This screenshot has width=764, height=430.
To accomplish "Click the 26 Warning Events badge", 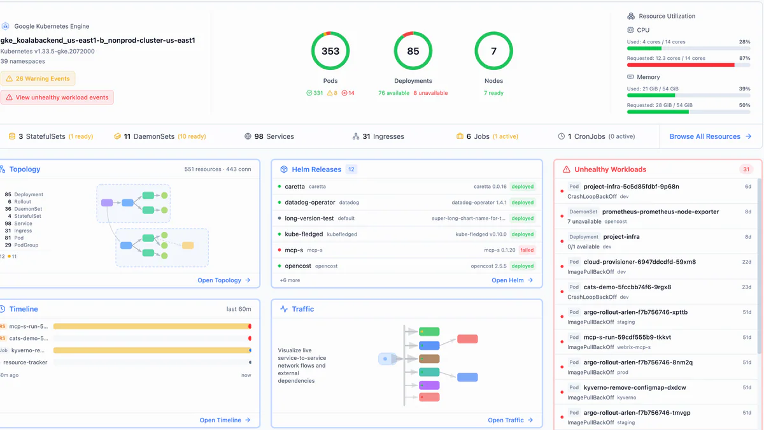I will [x=38, y=79].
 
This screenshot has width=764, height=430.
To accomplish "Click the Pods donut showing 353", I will [x=330, y=51].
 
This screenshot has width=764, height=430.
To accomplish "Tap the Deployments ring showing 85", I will [x=413, y=51].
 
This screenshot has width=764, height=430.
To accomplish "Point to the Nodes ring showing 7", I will [x=493, y=51].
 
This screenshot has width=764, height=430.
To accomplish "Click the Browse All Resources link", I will [x=710, y=136].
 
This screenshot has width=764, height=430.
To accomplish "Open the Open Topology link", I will [x=223, y=280].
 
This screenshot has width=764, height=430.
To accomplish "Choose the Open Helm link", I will [x=512, y=280].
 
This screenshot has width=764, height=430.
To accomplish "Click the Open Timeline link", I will [x=225, y=420].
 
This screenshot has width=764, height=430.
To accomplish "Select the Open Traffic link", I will [x=510, y=420].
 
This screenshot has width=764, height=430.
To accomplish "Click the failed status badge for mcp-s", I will [x=527, y=250].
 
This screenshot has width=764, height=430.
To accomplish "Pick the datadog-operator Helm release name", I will [x=310, y=203].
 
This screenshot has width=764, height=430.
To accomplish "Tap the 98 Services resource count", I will [x=269, y=136].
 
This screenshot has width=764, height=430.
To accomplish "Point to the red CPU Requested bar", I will [x=681, y=65].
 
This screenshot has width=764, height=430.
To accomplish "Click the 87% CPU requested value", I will [x=744, y=58].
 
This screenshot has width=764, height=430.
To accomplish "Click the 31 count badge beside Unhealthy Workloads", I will [x=746, y=169].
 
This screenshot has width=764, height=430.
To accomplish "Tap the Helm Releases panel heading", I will [x=316, y=169].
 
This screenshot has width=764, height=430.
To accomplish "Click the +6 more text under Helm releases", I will [x=290, y=280].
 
